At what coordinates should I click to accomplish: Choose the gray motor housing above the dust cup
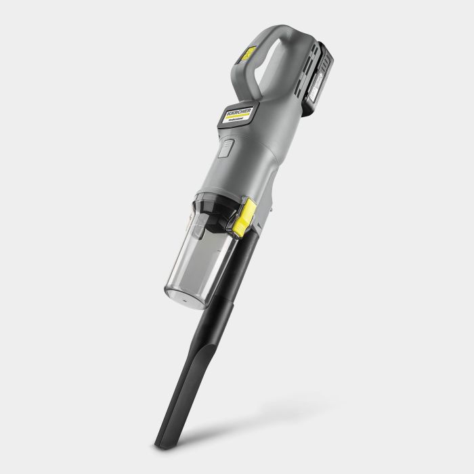tap(244, 163)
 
